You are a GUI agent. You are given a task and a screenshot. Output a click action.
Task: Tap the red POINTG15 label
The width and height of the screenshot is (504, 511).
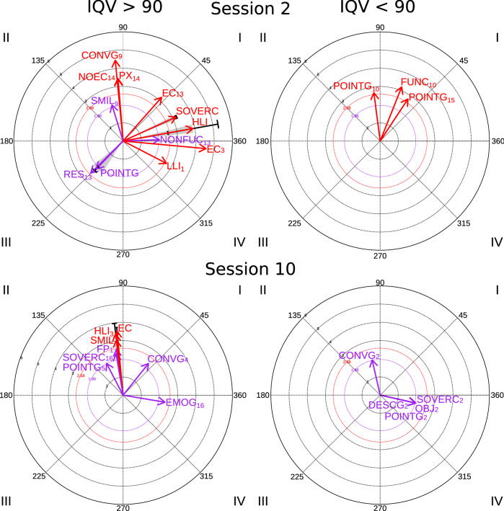coord(433,98)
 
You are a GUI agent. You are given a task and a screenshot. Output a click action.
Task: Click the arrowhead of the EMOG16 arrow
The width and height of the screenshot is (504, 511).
coord(163,401)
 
